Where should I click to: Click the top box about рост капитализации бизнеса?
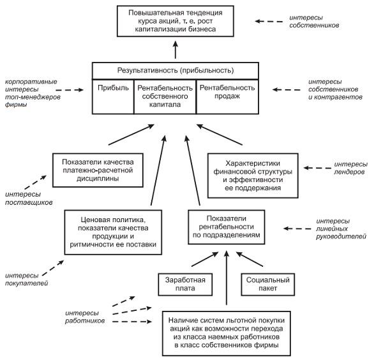[x=175, y=20]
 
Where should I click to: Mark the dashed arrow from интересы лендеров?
[x=317, y=168]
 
